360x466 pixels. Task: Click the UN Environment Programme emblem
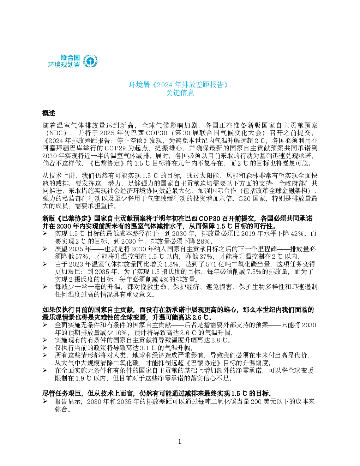pyautogui.click(x=90, y=61)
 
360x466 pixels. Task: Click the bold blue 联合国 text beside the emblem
pyautogui.click(x=70, y=58)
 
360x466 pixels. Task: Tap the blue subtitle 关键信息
pyautogui.click(x=180, y=93)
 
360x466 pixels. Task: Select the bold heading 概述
pyautogui.click(x=49, y=113)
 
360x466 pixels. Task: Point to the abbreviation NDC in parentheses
pyautogui.click(x=56, y=133)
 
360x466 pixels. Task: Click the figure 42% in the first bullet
pyautogui.click(x=297, y=233)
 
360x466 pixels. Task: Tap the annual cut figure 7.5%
pyautogui.click(x=254, y=272)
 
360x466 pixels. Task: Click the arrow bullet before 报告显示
pyautogui.click(x=45, y=401)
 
